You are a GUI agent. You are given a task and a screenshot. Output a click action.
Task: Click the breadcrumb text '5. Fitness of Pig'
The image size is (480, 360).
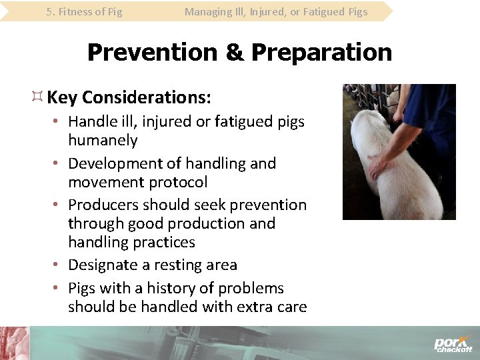click(84, 11)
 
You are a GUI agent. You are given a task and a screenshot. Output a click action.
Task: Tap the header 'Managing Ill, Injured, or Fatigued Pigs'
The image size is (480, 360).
click(276, 11)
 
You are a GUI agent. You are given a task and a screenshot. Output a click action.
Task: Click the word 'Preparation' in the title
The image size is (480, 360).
click(322, 52)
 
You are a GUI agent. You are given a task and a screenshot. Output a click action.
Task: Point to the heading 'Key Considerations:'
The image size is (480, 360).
click(129, 98)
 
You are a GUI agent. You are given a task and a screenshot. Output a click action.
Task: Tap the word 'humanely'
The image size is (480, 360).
click(103, 141)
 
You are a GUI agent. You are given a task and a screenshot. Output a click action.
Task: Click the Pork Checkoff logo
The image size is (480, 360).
click(453, 343)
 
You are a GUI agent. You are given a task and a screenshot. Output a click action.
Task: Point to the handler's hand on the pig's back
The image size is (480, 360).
click(382, 168)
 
